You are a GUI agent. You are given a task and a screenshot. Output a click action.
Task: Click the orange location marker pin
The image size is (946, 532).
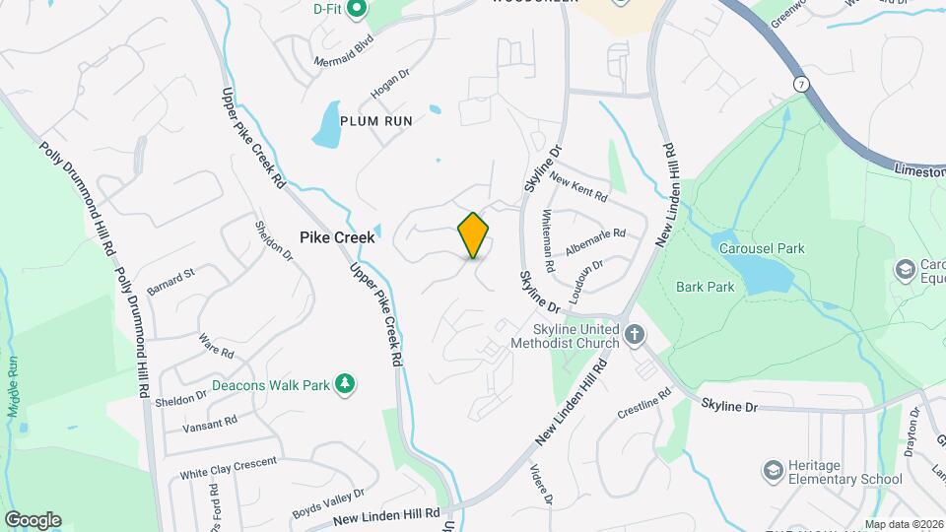point(474,234)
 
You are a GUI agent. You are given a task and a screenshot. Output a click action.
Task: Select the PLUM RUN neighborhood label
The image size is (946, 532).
point(375,120)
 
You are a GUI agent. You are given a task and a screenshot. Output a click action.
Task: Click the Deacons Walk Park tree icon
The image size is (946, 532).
point(345,383)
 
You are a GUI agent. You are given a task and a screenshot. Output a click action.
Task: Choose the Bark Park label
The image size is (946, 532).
point(706,287)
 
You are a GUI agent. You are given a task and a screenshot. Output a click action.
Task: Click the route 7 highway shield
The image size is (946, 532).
point(803,86)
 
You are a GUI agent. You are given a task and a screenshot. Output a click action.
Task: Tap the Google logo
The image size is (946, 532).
point(33,520)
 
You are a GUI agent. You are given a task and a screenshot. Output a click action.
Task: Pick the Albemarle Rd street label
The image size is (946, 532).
point(597,240)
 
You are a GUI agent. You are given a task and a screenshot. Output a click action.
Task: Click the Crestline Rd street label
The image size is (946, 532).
point(643,403)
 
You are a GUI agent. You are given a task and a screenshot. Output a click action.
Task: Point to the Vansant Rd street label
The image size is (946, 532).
point(210,425)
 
